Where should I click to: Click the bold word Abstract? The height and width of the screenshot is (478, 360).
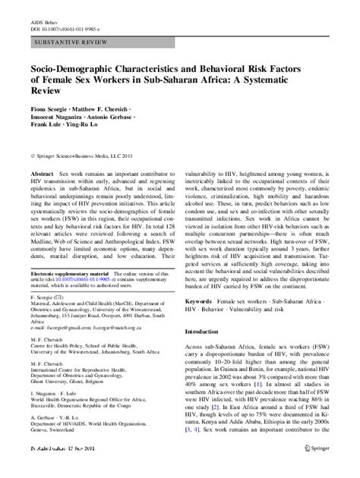(38, 174)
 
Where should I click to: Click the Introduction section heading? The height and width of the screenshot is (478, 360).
(210, 354)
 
